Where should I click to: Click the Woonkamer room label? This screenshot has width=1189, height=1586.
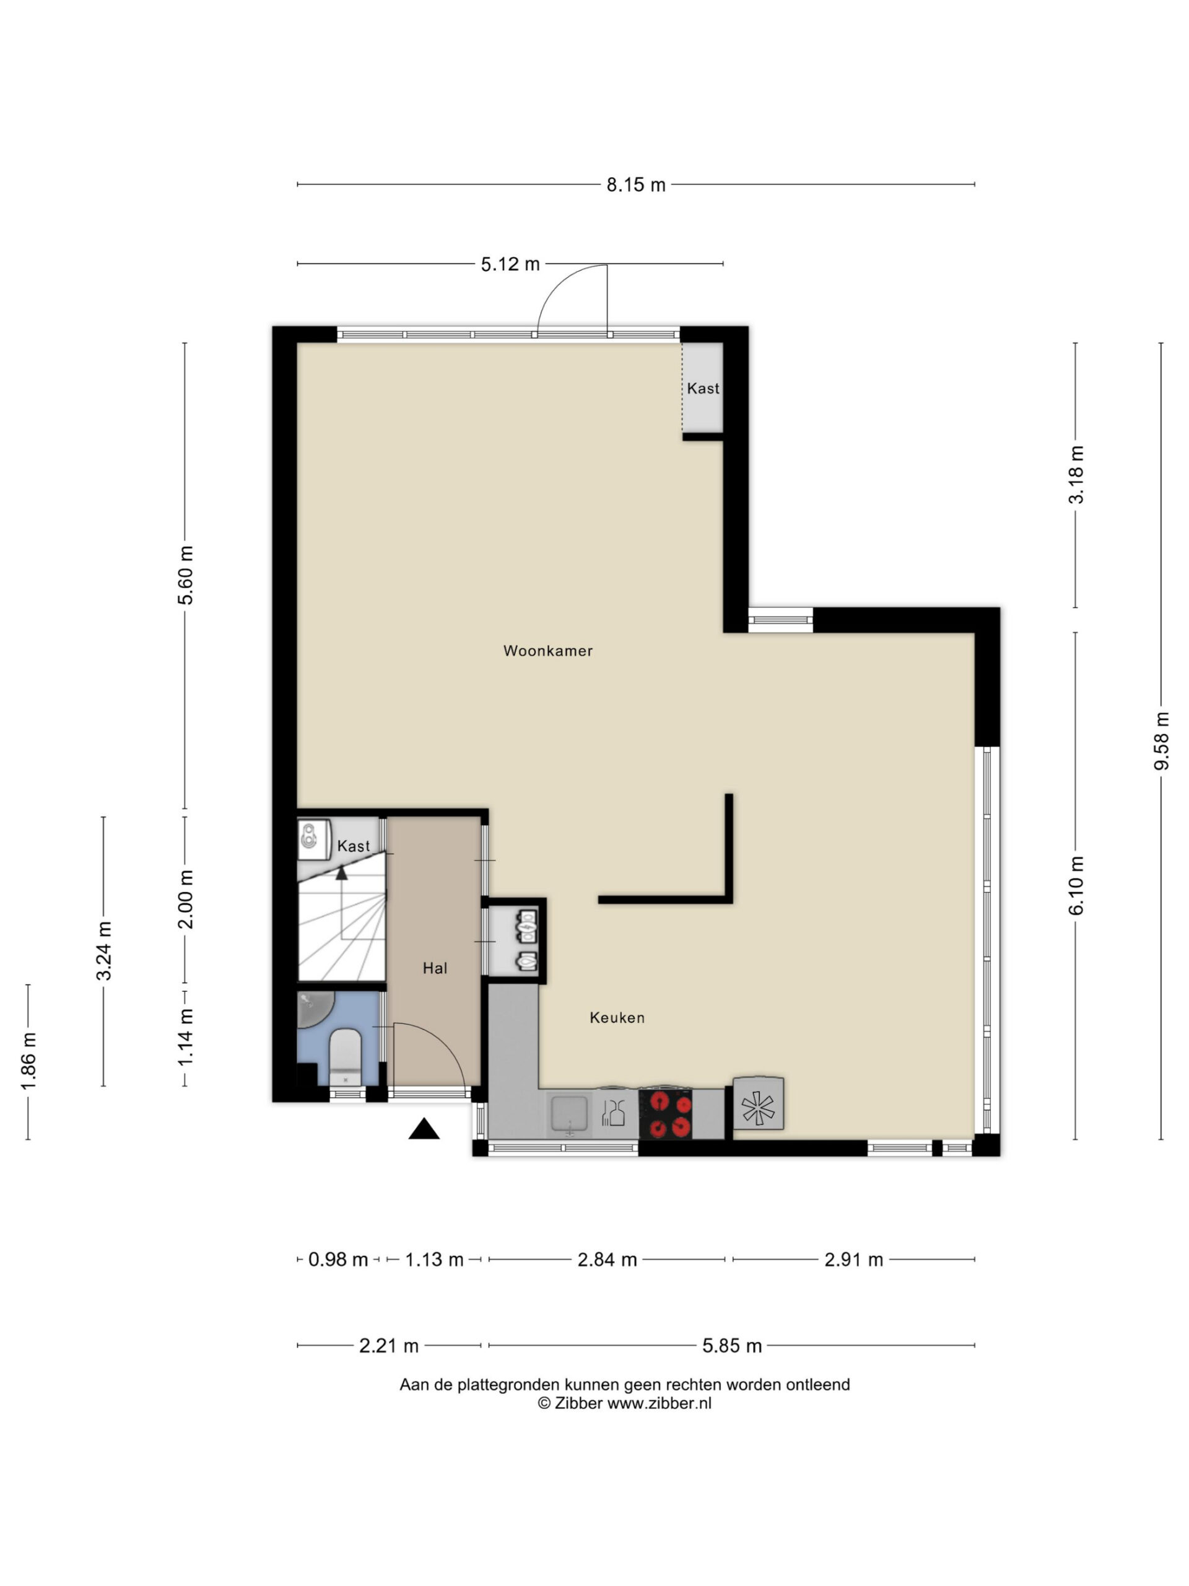click(547, 651)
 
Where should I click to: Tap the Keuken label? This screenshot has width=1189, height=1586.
click(617, 1017)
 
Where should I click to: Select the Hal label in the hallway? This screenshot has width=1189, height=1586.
click(435, 969)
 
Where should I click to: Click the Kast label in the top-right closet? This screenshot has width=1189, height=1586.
click(702, 388)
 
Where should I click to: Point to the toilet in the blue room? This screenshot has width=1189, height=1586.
click(345, 1056)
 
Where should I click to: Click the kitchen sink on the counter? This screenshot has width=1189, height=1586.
click(570, 1114)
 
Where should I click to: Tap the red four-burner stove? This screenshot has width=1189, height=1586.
click(666, 1114)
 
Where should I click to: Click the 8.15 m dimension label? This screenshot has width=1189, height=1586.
click(636, 185)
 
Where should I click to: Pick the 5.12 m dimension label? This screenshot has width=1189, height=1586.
click(510, 265)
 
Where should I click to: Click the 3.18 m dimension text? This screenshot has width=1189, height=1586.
click(1076, 475)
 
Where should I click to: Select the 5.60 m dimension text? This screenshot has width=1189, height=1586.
click(186, 575)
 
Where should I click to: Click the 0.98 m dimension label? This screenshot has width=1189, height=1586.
click(338, 1260)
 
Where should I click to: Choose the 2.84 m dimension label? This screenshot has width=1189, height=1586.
click(607, 1260)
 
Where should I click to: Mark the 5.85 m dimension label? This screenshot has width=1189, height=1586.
click(732, 1346)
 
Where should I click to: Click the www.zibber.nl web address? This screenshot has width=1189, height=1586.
click(660, 1404)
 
